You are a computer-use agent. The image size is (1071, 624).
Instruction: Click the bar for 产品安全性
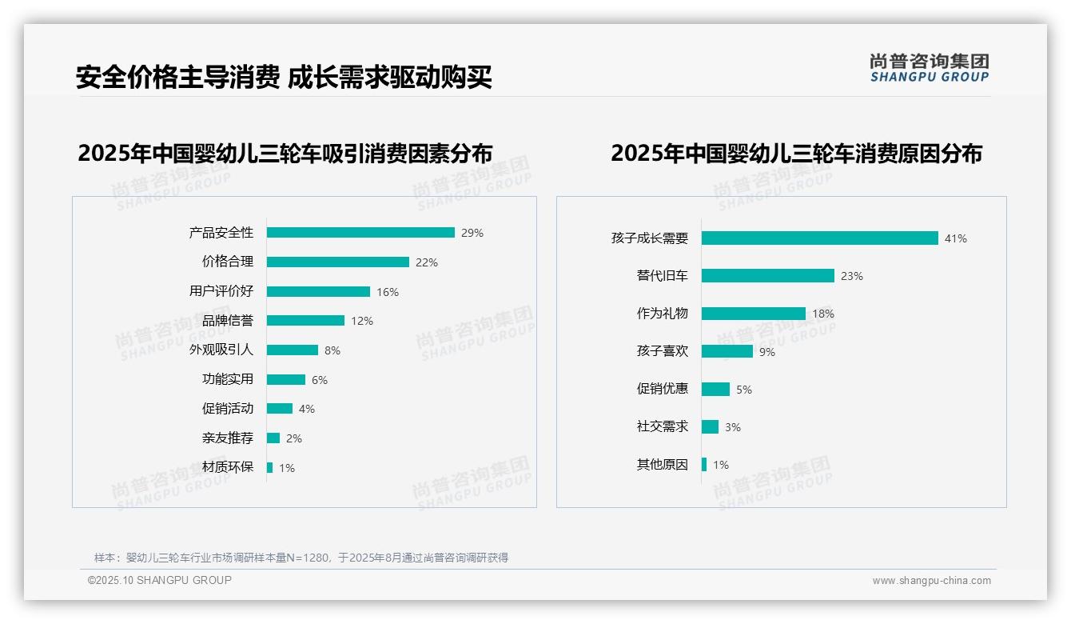coord(360,233)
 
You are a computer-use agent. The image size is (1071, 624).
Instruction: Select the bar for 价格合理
coord(337,262)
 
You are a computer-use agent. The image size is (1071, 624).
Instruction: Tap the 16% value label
coord(388,292)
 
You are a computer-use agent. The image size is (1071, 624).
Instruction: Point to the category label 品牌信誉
coord(228,321)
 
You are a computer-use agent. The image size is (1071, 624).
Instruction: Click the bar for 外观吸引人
coord(293,350)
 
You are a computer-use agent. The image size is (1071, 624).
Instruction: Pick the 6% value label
coord(320,380)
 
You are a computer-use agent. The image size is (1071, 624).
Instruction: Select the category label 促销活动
coord(228,409)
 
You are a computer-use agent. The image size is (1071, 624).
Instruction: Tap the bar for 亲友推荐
coord(273,438)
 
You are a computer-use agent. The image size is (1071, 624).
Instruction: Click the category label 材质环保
coord(228,467)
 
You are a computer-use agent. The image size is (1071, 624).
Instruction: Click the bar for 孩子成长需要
coord(819,238)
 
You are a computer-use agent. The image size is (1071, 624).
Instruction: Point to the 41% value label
coord(955,238)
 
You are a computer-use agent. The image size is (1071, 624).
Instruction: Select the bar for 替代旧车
coord(767,276)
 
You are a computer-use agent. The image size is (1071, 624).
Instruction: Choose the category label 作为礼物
coord(662,314)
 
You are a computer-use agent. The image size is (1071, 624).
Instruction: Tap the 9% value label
coord(767,352)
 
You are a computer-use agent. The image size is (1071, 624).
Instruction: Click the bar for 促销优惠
coord(715,390)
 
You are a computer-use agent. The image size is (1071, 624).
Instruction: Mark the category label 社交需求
coord(662,426)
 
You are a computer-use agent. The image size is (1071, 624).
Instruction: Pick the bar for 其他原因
coord(704,465)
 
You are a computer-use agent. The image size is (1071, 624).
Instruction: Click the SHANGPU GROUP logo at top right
coord(929,68)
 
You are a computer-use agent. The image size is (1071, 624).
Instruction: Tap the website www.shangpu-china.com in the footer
coord(931,581)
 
